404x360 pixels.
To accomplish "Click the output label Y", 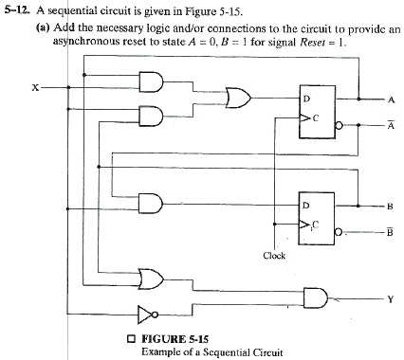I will point(389,300).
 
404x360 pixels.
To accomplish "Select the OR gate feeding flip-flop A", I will point(237,99).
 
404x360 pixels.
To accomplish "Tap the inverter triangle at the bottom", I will point(143,312).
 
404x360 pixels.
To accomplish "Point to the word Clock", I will point(275,255).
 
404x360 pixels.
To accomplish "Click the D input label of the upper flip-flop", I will point(305,99).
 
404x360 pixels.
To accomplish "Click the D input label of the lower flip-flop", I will point(305,204).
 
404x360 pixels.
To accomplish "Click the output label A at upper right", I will point(389,99).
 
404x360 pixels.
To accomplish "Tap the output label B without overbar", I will point(389,205).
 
